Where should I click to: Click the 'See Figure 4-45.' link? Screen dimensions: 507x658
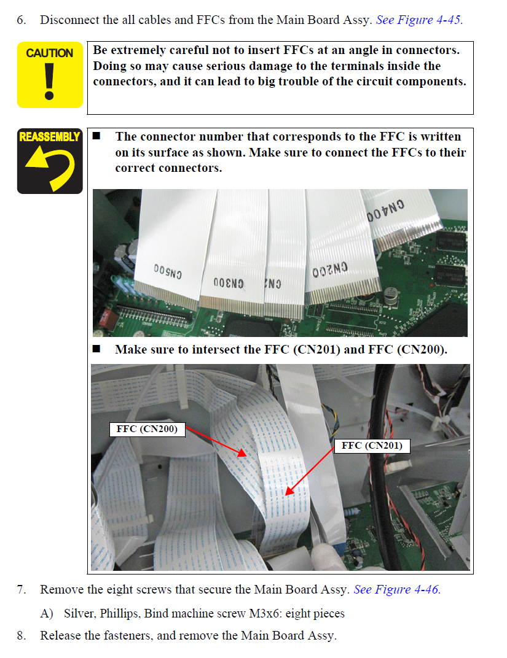tap(419, 20)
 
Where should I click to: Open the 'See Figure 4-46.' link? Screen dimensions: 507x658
tap(397, 589)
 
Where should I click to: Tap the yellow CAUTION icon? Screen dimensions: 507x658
tap(50, 75)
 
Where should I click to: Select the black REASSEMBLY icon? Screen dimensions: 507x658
tap(50, 161)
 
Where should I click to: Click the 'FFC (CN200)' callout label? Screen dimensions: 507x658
tap(147, 429)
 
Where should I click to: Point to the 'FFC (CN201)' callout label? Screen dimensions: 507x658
tap(372, 446)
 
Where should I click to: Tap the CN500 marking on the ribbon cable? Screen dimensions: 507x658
tap(168, 271)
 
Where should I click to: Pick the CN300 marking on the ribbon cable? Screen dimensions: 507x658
tap(229, 283)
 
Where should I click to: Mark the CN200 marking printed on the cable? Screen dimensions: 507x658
tap(330, 270)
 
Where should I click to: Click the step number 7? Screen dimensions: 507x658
tap(21, 590)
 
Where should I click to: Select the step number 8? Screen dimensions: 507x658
tap(21, 635)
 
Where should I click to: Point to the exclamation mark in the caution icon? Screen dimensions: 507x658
tap(50, 82)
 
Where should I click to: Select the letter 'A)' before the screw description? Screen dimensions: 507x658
tap(47, 614)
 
